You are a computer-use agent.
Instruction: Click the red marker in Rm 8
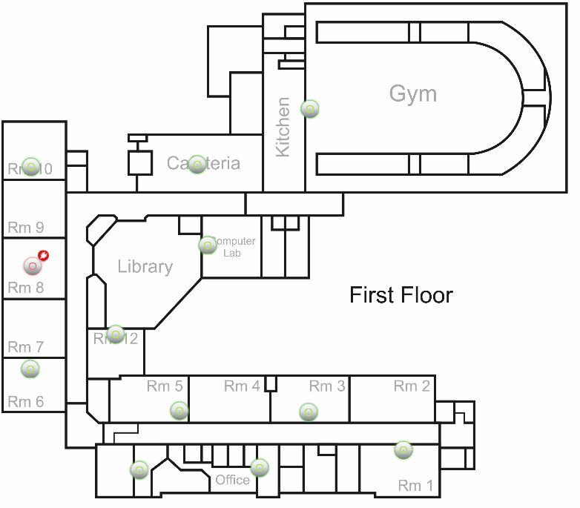[33, 265]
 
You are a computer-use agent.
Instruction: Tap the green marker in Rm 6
[30, 369]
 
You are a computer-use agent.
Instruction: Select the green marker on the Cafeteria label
[197, 164]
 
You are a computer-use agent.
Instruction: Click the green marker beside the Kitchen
[310, 108]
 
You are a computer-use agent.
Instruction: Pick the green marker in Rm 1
[403, 449]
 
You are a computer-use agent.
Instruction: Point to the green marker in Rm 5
[179, 410]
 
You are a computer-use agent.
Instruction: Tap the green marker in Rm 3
[309, 411]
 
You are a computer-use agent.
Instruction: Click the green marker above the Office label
[259, 467]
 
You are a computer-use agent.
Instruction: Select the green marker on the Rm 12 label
[116, 334]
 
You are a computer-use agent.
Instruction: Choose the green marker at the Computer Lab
[208, 245]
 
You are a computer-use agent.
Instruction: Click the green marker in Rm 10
[30, 166]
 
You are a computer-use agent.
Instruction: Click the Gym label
[412, 94]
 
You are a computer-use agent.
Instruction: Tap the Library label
[145, 267]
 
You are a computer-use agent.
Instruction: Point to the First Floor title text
[401, 295]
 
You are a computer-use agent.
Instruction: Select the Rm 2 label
[412, 386]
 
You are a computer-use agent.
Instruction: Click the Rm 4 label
[242, 386]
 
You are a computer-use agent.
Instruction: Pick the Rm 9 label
[26, 228]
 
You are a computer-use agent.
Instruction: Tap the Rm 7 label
[26, 346]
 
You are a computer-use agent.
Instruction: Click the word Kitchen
[283, 127]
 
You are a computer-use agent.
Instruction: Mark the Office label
[232, 480]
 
